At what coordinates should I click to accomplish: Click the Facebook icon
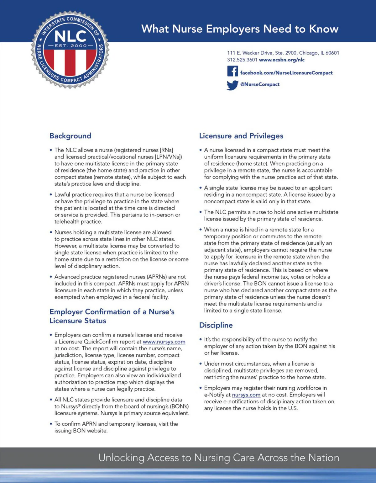tap(232, 71)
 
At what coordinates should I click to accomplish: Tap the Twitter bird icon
tap(232, 85)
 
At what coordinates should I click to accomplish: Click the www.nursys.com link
tap(164, 342)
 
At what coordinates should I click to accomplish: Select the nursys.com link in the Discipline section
tap(246, 395)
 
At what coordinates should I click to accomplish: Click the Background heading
tap(70, 136)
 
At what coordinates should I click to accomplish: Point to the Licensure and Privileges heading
tap(241, 136)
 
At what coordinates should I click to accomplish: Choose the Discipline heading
tap(216, 325)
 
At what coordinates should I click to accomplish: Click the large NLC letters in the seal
tap(70, 36)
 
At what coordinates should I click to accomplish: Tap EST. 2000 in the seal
tap(70, 46)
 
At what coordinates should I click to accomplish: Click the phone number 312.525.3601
tap(242, 60)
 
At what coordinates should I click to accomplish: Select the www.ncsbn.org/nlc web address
tap(282, 60)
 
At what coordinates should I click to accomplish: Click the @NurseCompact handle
tap(260, 84)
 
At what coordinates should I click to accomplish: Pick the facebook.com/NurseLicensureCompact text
tap(286, 73)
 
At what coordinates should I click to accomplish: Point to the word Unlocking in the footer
tap(121, 458)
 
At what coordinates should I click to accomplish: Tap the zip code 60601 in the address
tap(332, 53)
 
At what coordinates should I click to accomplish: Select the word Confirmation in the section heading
tap(108, 312)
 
